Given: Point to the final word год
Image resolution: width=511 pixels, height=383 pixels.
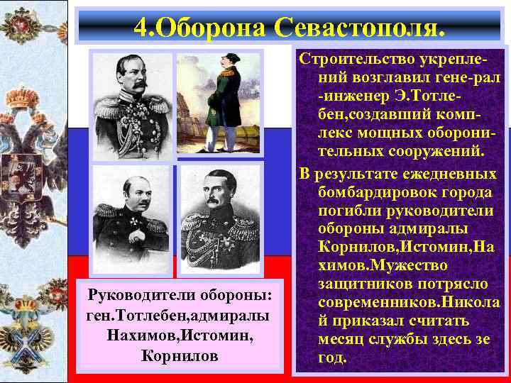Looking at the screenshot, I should pos(333,357).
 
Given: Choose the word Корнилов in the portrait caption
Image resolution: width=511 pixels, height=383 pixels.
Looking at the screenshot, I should pos(179,355).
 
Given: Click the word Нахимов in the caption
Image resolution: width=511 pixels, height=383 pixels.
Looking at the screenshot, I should pos(140,333).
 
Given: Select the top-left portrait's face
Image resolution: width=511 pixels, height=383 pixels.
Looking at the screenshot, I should pos(133,76).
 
